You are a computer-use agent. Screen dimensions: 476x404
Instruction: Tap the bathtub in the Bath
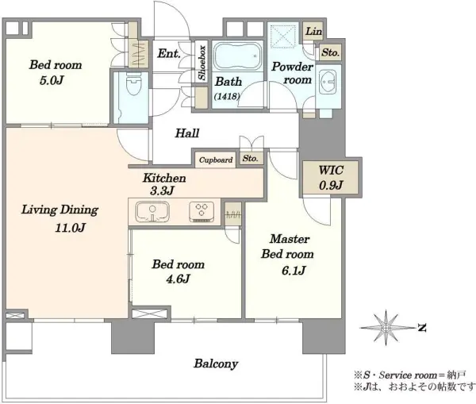click(x=237, y=56)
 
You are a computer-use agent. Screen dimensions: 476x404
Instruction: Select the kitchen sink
click(x=152, y=211)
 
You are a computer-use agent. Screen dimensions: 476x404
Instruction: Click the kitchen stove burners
click(x=202, y=211)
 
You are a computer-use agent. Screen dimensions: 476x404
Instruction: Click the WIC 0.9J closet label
click(x=331, y=178)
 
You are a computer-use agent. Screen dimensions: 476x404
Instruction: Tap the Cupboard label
click(x=216, y=160)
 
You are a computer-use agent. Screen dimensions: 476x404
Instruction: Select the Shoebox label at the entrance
click(x=202, y=63)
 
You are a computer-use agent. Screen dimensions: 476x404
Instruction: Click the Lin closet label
click(x=313, y=31)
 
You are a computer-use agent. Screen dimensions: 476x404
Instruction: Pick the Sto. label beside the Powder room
click(x=330, y=53)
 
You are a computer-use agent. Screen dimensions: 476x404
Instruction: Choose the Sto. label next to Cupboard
click(x=250, y=158)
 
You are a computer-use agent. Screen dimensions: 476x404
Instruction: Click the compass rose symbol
click(x=386, y=328)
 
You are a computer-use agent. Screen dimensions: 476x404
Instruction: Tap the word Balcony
click(x=216, y=364)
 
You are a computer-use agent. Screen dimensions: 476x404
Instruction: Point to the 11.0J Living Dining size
click(x=70, y=228)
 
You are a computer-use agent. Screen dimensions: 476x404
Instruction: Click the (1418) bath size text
click(x=227, y=97)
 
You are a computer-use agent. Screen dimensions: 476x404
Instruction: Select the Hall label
click(x=187, y=133)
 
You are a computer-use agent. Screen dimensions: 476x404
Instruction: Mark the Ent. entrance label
click(x=169, y=53)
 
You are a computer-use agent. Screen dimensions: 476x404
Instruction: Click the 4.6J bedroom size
click(x=178, y=279)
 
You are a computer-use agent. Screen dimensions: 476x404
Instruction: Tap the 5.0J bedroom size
click(x=52, y=80)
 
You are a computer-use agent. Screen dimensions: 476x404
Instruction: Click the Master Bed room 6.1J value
click(x=294, y=270)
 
